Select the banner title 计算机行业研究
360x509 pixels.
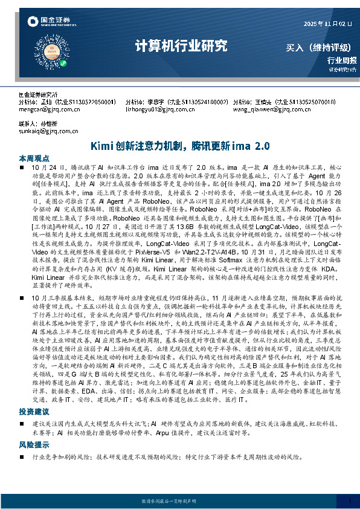181,46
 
